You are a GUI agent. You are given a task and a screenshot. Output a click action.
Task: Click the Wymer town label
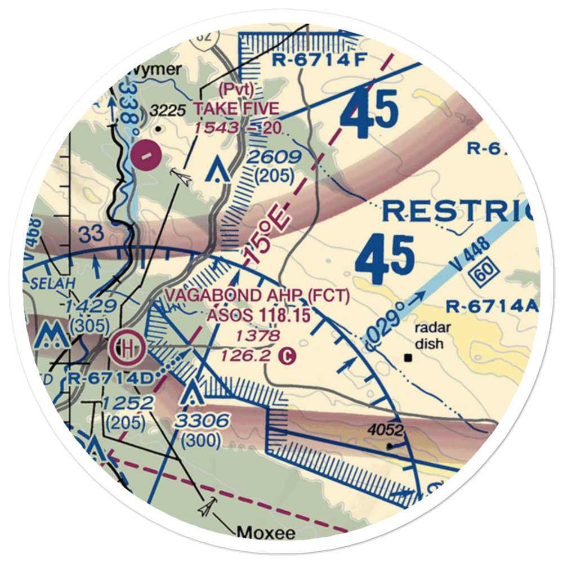click(155, 70)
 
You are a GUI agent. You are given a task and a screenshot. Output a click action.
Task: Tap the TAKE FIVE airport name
click(236, 108)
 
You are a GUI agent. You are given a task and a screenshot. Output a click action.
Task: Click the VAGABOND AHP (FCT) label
click(257, 296)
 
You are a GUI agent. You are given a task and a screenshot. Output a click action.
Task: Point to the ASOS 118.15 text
click(258, 316)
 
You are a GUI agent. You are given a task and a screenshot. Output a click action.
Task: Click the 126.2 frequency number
click(254, 355)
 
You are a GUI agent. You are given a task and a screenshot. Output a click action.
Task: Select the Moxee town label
click(266, 532)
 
